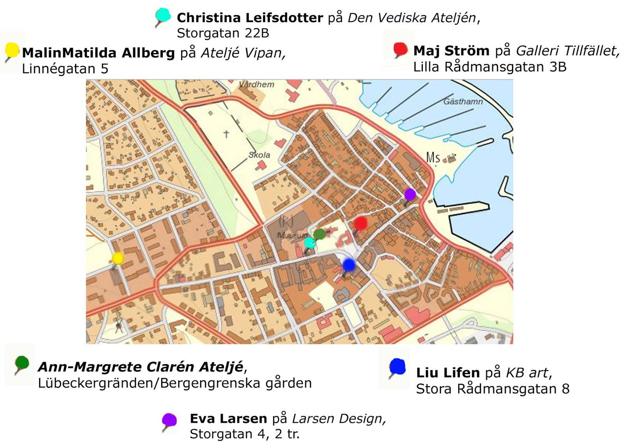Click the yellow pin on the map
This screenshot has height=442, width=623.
[x=118, y=258]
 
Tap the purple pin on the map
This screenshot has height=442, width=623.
[x=410, y=194]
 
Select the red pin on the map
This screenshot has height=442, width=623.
[x=360, y=223]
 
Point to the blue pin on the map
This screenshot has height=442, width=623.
[x=349, y=265]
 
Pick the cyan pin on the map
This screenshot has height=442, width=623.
[x=310, y=243]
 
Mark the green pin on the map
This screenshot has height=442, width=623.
[x=320, y=234]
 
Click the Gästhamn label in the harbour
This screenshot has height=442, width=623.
[x=463, y=102]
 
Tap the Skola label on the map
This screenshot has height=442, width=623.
[x=259, y=155]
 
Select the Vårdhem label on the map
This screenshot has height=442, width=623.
[x=257, y=85]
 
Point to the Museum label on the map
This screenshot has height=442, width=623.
[x=292, y=235]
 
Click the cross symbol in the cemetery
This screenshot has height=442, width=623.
[x=226, y=134]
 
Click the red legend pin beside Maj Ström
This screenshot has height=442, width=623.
[x=400, y=49]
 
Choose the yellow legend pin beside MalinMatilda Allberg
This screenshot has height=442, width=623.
[x=12, y=51]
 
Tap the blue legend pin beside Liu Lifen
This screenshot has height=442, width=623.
[x=398, y=367]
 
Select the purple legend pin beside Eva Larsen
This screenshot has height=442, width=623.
[x=169, y=420]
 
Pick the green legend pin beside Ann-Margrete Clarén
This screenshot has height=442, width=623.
[x=22, y=363]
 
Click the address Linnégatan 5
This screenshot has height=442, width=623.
[x=65, y=69]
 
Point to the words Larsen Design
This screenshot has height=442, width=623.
[x=338, y=418]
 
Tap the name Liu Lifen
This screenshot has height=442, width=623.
[x=448, y=373]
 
